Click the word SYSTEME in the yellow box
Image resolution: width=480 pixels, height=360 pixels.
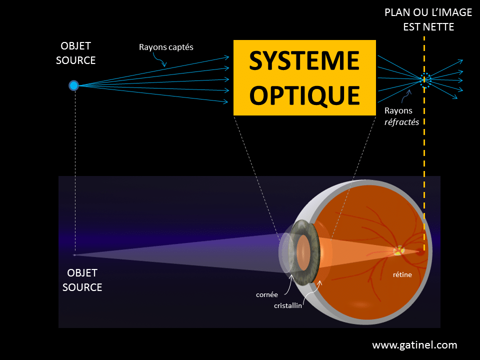click(304, 61)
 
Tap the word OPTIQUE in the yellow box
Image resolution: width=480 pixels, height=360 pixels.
click(304, 95)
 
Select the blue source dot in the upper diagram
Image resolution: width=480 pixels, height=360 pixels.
click(73, 85)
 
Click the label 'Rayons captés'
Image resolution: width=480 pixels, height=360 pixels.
click(166, 47)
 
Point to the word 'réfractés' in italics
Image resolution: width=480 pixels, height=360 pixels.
click(401, 121)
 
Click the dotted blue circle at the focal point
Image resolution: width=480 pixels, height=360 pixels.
click(425, 79)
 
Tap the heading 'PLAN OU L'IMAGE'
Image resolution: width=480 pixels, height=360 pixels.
click(428, 12)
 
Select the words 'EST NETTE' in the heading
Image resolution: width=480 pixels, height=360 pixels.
click(428, 27)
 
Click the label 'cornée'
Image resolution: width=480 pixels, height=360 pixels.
click(266, 294)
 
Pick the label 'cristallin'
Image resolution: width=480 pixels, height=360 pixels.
click(288, 305)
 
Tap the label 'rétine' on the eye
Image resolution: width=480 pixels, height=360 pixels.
click(402, 274)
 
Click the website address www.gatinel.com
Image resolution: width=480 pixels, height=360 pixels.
click(414, 345)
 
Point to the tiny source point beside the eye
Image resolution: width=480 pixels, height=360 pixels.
click(74, 255)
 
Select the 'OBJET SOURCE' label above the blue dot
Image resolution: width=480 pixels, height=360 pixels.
click(76, 53)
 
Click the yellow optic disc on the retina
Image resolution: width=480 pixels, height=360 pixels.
click(398, 251)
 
